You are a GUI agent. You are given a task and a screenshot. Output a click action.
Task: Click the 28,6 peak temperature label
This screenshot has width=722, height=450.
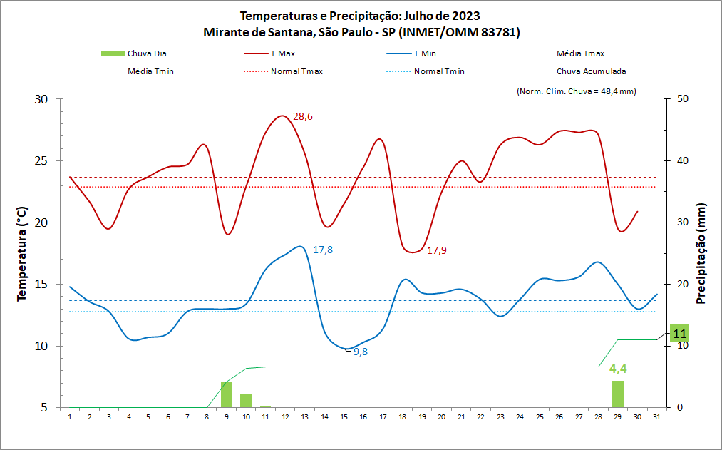303,117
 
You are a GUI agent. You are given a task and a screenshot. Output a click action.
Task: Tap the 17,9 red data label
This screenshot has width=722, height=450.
436,250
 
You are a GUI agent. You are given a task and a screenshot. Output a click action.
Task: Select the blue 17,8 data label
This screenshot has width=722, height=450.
323,250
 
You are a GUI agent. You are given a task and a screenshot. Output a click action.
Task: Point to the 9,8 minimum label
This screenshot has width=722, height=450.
361,352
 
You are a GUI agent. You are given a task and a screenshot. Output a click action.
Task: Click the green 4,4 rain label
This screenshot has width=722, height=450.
618,369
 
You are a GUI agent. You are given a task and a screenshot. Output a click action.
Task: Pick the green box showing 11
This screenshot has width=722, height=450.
679,333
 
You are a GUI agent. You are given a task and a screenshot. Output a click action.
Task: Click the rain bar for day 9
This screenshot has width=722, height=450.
226,394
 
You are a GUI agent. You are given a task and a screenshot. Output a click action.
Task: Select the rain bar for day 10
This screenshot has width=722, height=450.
246,401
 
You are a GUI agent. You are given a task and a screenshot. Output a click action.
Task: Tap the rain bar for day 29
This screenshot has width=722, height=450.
618,394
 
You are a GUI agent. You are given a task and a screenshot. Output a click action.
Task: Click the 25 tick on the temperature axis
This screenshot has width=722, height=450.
41,160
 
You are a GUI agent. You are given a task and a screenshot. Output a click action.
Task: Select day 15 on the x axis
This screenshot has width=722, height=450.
344,417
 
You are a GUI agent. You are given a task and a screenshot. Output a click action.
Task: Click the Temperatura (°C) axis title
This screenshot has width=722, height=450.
22,253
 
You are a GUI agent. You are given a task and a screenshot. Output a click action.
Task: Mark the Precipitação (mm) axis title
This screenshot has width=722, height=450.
701,253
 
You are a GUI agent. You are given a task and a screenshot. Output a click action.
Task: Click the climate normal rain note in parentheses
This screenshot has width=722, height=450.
575,91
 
